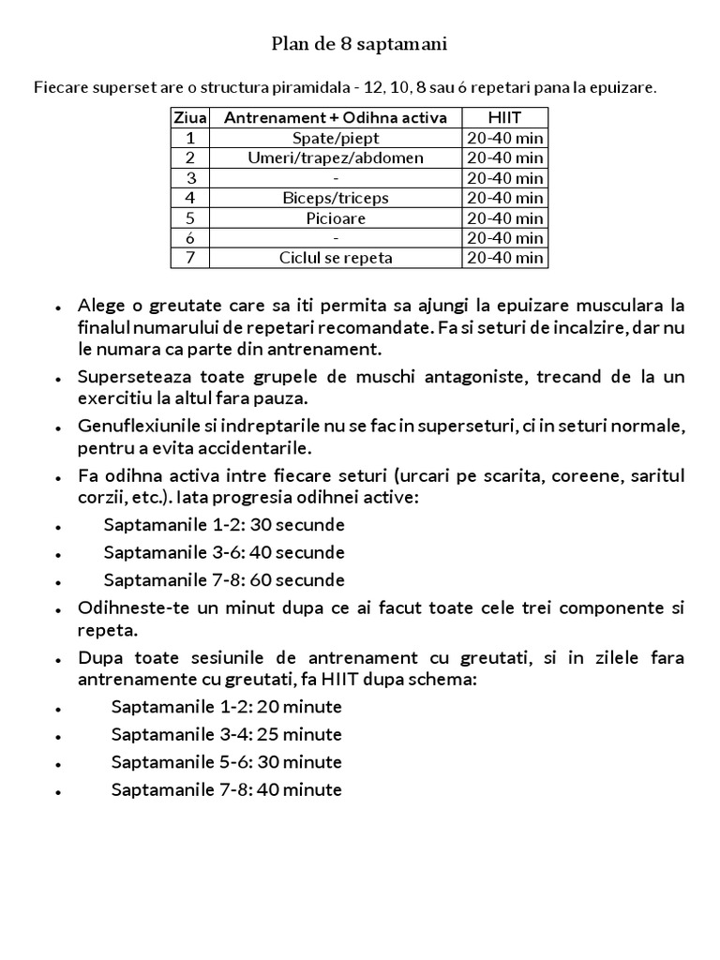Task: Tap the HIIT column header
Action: click(x=504, y=117)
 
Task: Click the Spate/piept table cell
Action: click(x=336, y=138)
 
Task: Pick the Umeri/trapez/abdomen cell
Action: click(x=336, y=157)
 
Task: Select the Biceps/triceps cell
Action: click(x=336, y=198)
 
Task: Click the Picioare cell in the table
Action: click(x=336, y=217)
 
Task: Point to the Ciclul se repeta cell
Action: click(x=336, y=258)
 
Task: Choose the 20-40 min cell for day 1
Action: click(x=504, y=138)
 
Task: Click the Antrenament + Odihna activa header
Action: click(x=336, y=117)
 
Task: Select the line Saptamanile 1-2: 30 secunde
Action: click(x=224, y=524)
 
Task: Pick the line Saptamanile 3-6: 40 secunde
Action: click(x=224, y=552)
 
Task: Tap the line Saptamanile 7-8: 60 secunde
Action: click(x=224, y=580)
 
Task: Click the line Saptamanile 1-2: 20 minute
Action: click(x=226, y=706)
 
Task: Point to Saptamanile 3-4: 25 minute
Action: click(x=226, y=734)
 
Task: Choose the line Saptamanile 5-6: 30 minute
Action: click(x=226, y=762)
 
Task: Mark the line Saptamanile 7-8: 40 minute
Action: click(x=226, y=790)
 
